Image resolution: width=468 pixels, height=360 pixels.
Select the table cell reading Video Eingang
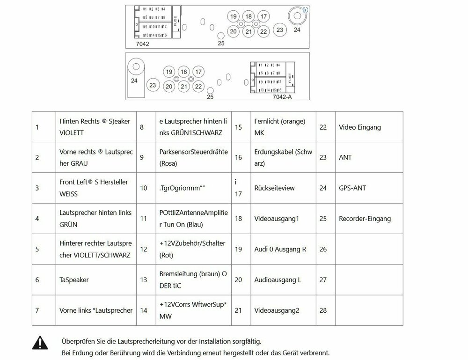[x=359, y=127]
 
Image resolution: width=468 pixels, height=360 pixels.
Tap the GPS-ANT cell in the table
[x=352, y=188]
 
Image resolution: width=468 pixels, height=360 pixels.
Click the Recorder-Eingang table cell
[x=365, y=219]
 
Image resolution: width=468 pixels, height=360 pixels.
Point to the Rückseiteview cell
[x=274, y=188]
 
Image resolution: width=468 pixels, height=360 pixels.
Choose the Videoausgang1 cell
[x=276, y=219]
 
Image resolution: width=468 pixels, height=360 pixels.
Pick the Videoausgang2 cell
[x=276, y=310]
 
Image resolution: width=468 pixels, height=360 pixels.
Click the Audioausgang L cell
[x=278, y=279]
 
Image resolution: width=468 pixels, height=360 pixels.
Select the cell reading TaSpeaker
[x=74, y=279]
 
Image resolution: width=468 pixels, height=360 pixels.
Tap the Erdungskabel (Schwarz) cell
[x=283, y=157]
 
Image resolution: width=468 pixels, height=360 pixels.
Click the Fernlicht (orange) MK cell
[x=279, y=127]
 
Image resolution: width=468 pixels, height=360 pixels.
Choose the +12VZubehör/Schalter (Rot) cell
[x=192, y=249]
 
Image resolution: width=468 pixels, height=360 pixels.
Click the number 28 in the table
[x=323, y=310]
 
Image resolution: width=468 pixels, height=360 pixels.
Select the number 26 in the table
[x=323, y=249]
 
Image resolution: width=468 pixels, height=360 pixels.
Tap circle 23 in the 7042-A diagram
[x=152, y=85]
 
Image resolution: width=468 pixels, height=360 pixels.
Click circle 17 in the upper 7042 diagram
[x=263, y=17]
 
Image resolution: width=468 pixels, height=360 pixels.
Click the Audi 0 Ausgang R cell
[x=280, y=249]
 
